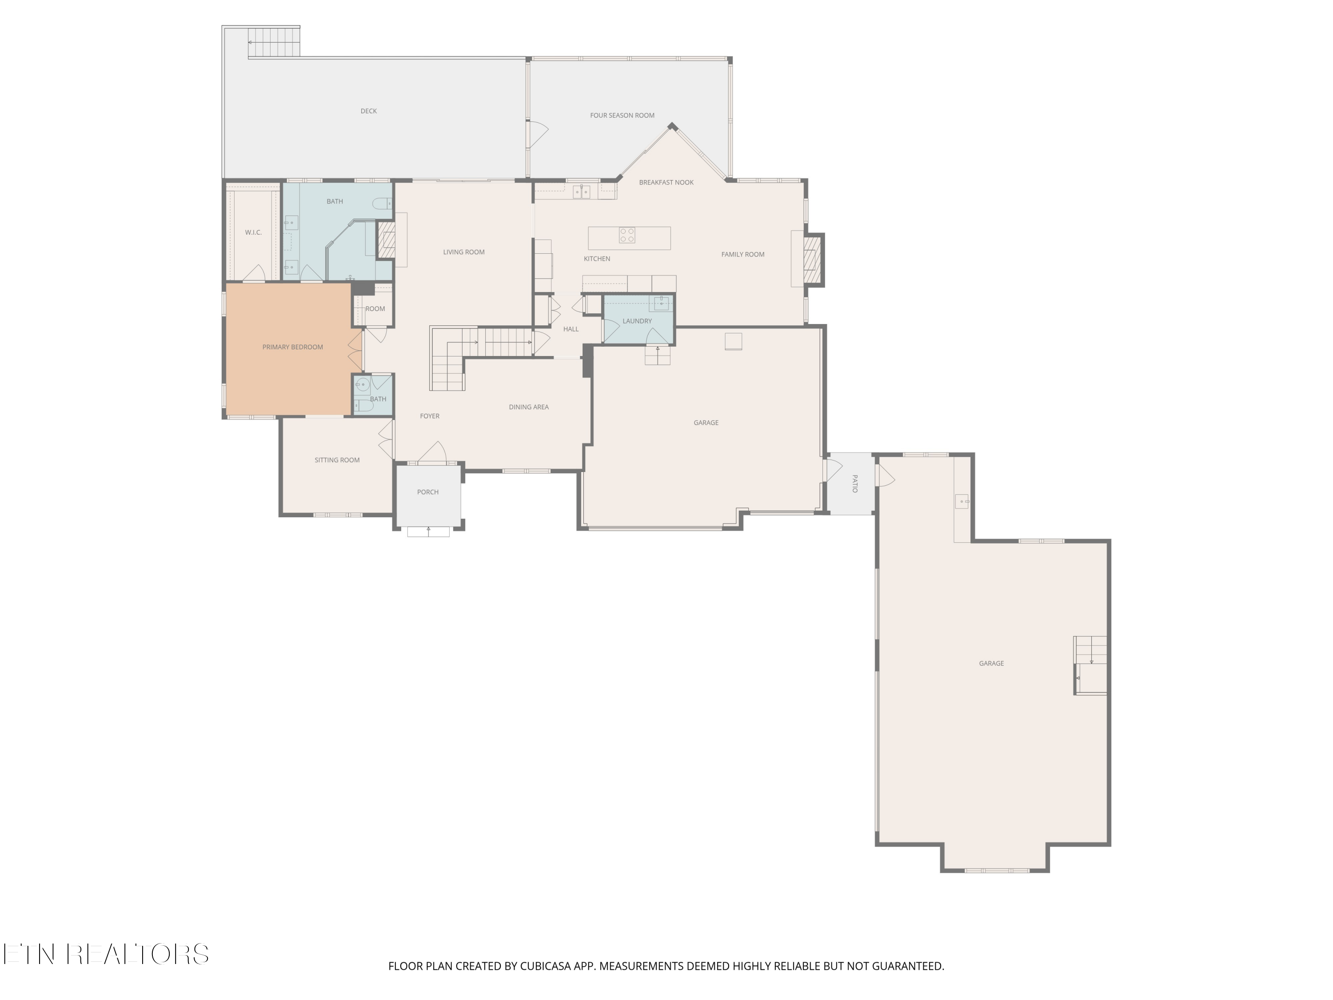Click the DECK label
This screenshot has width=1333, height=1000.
coord(368,111)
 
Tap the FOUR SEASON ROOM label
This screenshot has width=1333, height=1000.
coord(622,115)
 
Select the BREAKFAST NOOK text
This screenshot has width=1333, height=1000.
coord(666,182)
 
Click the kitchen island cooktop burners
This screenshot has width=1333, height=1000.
coord(627,235)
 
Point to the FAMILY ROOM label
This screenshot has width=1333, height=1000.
coord(742,254)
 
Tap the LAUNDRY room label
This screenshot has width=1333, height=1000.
coord(637,321)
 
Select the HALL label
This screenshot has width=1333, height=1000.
coord(571,329)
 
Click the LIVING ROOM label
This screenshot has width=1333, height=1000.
coord(463,252)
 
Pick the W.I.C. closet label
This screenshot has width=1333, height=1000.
coord(253,232)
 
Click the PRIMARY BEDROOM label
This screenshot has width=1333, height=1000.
coord(292,347)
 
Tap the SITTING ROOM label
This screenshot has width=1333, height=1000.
coord(337,460)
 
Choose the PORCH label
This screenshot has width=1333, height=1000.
coord(428,492)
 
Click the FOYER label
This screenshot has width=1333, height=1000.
coord(430,416)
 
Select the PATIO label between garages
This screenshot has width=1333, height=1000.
coord(854,484)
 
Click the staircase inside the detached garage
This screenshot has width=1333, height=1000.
coord(1090,665)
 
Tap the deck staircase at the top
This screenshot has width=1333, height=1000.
coord(274,42)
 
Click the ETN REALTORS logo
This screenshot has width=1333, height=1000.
coord(106,954)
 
